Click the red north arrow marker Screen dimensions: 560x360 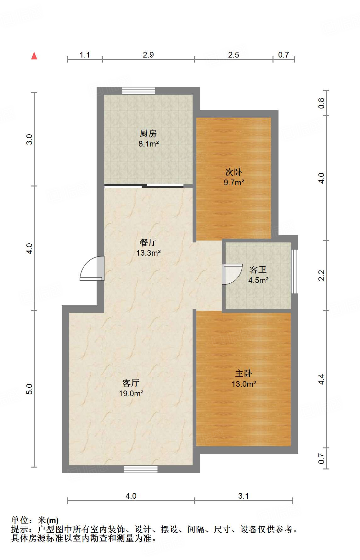(34, 56)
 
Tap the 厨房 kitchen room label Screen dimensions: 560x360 (148, 133)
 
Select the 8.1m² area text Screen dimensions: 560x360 (148, 144)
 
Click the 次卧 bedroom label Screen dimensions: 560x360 (233, 172)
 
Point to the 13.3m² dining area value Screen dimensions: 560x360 (148, 253)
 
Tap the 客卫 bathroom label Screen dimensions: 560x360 (258, 269)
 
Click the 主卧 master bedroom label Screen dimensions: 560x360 (243, 373)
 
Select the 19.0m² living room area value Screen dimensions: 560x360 (131, 393)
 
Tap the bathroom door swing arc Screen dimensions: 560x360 (232, 274)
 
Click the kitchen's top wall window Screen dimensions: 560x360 (138, 91)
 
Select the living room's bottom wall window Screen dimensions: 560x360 (141, 469)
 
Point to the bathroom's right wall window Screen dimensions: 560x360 (295, 272)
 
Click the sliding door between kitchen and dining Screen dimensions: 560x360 (144, 186)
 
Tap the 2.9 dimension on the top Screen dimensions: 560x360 (148, 55)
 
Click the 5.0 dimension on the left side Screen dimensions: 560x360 (29, 389)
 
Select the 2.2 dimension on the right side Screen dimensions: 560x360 (321, 275)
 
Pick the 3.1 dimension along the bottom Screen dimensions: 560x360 (243, 496)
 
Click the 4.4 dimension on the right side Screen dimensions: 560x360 (321, 379)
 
